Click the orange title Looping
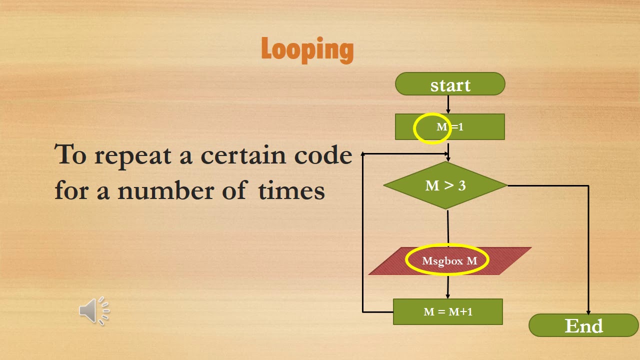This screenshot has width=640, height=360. [x=307, y=50]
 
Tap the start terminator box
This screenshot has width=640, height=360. [x=450, y=83]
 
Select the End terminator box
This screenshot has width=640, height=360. [x=583, y=325]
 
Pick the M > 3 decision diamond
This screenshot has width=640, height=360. [x=445, y=185]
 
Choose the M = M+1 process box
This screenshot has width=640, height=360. [x=447, y=311]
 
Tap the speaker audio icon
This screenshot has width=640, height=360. [x=94, y=311]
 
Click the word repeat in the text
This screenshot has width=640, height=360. [x=133, y=156]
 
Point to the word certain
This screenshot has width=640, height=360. [x=243, y=155]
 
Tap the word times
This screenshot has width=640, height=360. [x=291, y=190]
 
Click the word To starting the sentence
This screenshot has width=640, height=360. [x=70, y=154]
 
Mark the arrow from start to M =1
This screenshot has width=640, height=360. [x=448, y=104]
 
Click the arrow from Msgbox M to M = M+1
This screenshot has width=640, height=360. [x=447, y=287]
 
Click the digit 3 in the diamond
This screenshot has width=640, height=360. [x=462, y=185]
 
